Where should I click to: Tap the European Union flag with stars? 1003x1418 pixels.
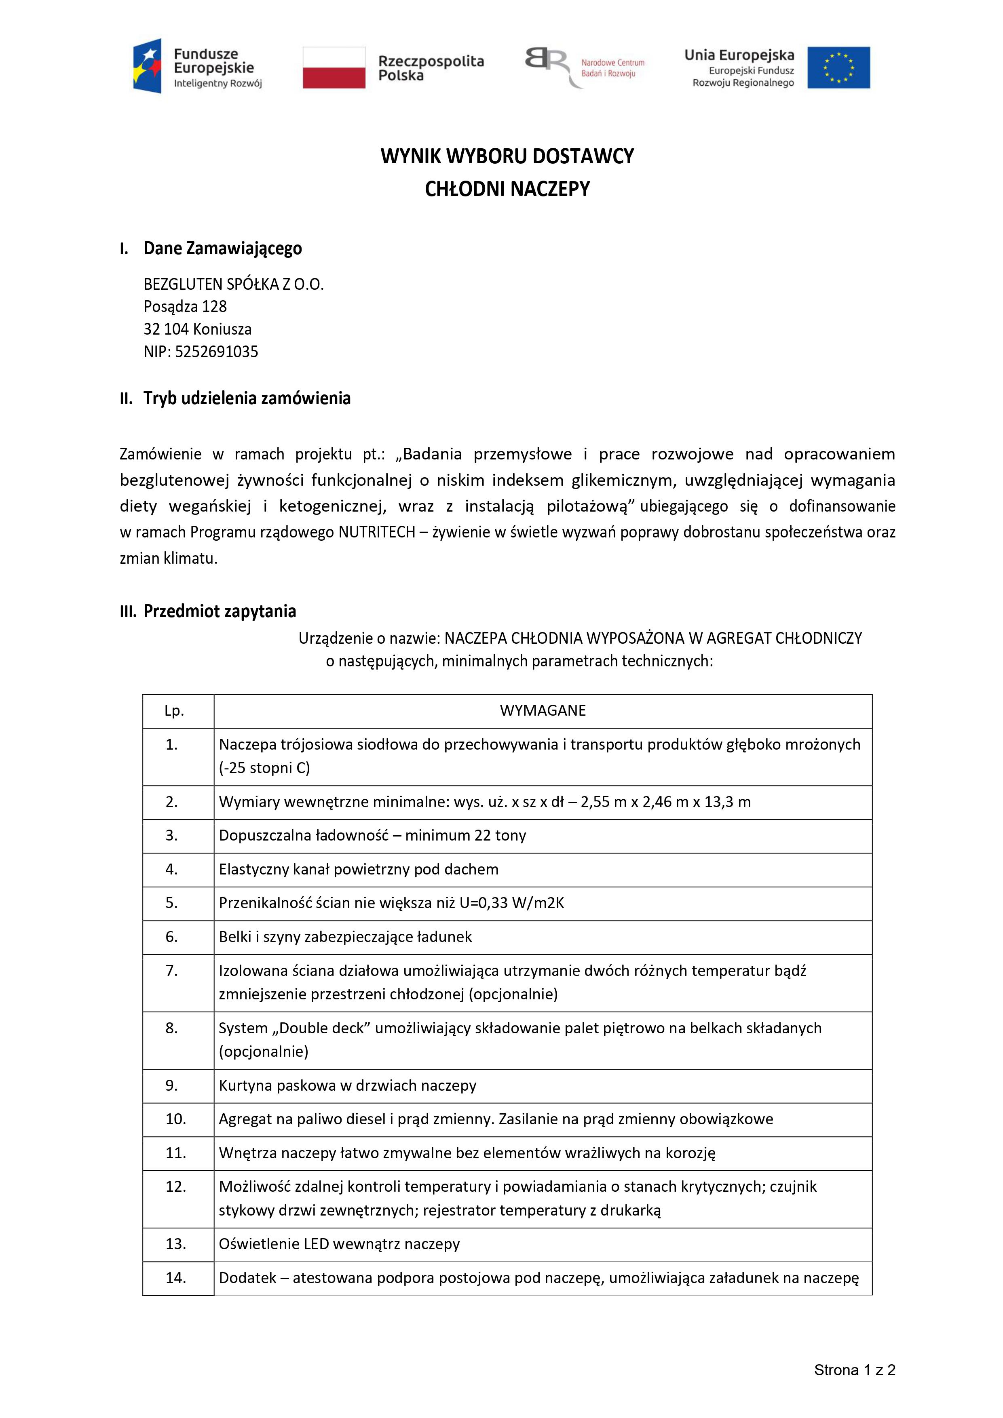838,67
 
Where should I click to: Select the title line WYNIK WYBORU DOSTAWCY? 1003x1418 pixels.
507,156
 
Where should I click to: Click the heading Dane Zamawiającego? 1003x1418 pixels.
222,248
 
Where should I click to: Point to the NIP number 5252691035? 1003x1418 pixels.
216,352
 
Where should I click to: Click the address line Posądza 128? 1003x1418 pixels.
185,306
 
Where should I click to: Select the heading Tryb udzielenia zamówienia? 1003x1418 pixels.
247,398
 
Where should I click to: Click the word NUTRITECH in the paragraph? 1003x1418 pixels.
376,532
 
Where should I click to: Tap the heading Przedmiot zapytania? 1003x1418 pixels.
220,611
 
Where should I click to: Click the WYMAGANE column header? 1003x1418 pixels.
542,711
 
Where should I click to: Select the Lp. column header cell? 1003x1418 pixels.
174,711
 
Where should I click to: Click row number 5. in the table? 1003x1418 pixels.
172,903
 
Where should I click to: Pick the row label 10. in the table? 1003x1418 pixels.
175,1119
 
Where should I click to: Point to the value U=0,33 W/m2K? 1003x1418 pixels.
512,903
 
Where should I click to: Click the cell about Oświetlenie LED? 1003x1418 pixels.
339,1244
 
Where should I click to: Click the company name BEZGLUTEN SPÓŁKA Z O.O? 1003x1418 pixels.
234,284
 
